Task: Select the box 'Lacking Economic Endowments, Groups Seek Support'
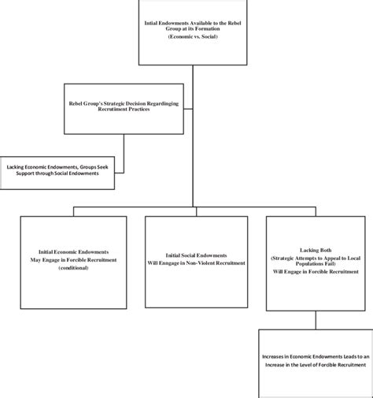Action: pos(57,173)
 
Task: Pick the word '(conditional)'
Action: pos(74,268)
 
